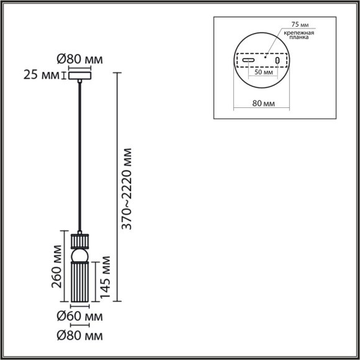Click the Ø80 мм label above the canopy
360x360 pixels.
79,60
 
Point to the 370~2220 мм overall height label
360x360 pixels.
127,190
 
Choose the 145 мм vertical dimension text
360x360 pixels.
105,277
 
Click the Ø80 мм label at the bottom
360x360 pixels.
79,336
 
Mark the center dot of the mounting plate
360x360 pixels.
264,58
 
